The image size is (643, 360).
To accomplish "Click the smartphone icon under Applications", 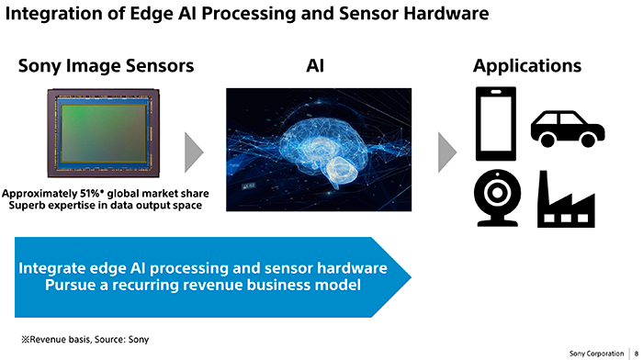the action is click(496, 123).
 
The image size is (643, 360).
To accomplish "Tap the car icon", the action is click(568, 129).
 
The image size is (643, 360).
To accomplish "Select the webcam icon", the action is click(498, 197).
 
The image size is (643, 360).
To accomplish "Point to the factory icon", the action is click(566, 199).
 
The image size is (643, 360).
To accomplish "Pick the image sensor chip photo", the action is click(103, 133).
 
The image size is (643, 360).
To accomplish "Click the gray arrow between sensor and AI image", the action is click(194, 152).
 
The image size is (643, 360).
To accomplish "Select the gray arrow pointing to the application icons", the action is click(447, 152).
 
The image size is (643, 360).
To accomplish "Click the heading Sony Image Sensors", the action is click(106, 66).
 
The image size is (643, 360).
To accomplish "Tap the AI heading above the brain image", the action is click(315, 65).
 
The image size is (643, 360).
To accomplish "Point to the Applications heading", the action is click(527, 66).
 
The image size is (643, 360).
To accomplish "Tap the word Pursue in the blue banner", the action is click(70, 285).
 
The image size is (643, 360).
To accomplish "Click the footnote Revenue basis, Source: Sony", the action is click(85, 340).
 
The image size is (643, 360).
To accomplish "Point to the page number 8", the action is click(637, 354).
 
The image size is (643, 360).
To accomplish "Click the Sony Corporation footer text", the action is click(596, 354).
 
